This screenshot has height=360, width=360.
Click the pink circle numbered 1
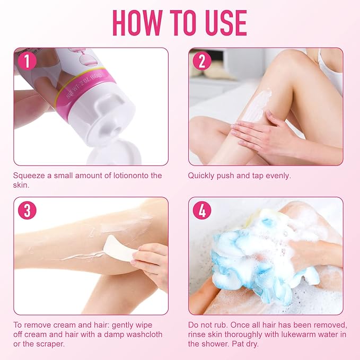pos(28,61)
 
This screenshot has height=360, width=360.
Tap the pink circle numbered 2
pos(201,61)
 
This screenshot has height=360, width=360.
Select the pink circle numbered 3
pos(28,210)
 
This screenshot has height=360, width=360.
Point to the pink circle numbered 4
pos(201,210)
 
